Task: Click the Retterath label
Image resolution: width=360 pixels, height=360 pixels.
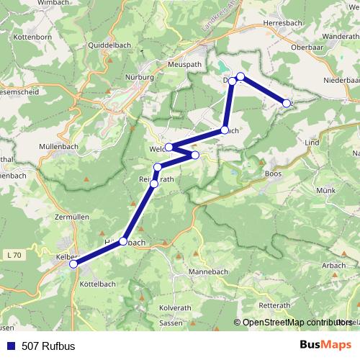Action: tap(274, 305)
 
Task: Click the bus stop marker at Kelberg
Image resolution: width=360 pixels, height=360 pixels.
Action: tap(73, 264)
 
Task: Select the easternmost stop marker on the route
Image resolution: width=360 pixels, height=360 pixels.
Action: tap(287, 103)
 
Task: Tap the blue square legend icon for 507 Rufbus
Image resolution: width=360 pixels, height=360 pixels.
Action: tap(11, 346)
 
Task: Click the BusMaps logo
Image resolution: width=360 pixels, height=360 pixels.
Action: tap(325, 345)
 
